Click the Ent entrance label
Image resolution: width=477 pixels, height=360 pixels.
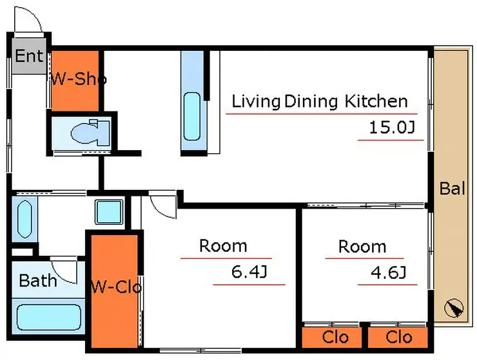click(x=29, y=56)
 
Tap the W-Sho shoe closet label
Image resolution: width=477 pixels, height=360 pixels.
click(x=79, y=79)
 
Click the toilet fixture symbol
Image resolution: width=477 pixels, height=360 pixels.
click(x=90, y=133)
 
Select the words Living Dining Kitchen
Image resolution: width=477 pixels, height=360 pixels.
click(x=320, y=101)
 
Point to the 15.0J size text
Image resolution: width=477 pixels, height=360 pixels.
click(x=392, y=128)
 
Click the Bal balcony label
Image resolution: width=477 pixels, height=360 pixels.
click(x=453, y=188)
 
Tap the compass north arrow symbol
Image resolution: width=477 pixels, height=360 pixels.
click(x=454, y=308)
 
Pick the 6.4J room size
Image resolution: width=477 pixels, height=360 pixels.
click(x=249, y=272)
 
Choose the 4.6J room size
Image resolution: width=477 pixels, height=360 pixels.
click(x=389, y=272)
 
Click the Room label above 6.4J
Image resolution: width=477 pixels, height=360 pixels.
click(x=223, y=245)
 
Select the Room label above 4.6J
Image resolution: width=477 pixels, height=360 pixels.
click(x=362, y=246)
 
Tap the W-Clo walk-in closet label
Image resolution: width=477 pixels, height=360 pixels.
click(x=117, y=287)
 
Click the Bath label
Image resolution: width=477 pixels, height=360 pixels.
click(x=38, y=280)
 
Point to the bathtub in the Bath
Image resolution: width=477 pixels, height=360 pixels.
click(x=49, y=317)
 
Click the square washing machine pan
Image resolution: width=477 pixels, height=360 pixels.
click(x=109, y=212)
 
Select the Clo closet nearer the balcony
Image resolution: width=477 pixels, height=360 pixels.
click(x=399, y=337)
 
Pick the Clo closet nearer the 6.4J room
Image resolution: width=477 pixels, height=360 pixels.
click(x=335, y=337)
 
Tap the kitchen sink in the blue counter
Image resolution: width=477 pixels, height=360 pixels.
click(x=192, y=117)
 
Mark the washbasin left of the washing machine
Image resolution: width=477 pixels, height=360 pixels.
click(x=24, y=219)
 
